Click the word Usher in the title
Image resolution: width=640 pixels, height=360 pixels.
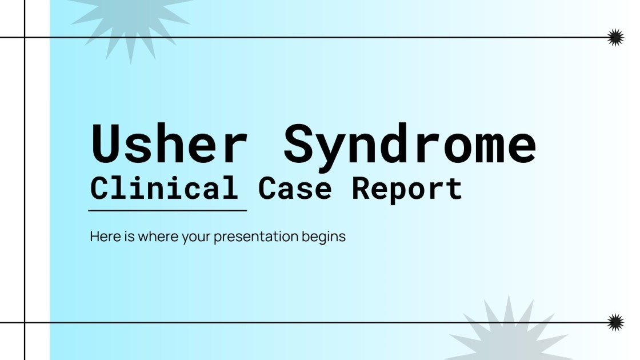click(x=169, y=145)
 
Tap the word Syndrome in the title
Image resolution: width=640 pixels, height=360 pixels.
click(x=410, y=145)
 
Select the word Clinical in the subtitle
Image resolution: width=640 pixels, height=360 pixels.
click(x=164, y=188)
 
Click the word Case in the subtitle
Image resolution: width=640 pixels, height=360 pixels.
click(x=295, y=188)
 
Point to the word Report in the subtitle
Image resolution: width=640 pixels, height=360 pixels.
click(x=406, y=189)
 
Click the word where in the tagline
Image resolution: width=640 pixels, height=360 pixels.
click(x=154, y=236)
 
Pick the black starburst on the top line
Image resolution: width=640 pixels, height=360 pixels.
click(x=615, y=38)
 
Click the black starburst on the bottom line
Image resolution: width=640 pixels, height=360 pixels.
click(x=615, y=322)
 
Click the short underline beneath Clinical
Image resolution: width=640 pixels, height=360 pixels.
click(x=167, y=210)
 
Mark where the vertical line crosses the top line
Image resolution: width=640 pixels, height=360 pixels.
click(x=25, y=38)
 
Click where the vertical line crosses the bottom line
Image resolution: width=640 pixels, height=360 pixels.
click(x=25, y=322)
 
